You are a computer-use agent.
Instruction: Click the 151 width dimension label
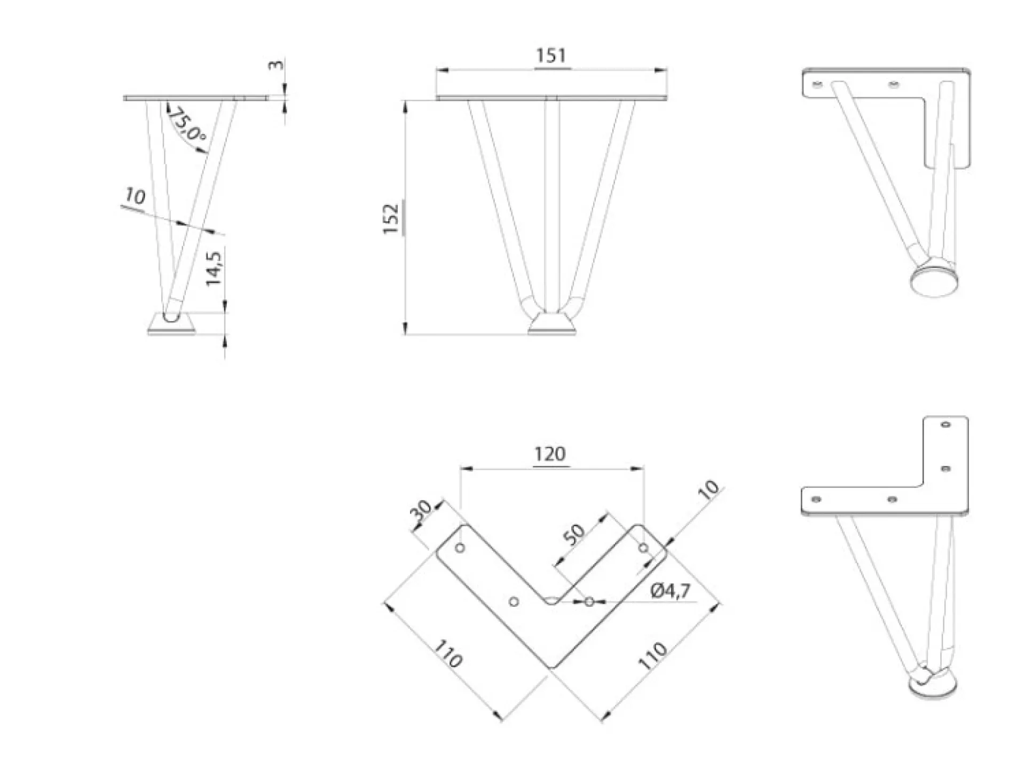[551, 56]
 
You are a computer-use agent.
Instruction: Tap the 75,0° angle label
[187, 126]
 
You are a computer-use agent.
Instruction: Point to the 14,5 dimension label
[214, 268]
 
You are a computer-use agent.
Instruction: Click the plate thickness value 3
[275, 65]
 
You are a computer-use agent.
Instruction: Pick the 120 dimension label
[550, 454]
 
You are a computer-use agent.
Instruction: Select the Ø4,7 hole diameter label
[671, 591]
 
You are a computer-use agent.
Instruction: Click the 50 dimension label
[574, 535]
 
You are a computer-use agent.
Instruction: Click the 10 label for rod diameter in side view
[135, 196]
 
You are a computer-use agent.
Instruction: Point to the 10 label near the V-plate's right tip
[708, 490]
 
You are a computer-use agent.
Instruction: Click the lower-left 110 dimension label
[447, 654]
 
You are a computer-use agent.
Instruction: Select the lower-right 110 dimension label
[652, 656]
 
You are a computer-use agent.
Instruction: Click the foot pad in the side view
[171, 324]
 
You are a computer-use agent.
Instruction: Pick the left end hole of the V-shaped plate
[460, 548]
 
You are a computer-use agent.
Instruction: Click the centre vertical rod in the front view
[552, 203]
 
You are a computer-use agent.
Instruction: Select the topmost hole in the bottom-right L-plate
[946, 425]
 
